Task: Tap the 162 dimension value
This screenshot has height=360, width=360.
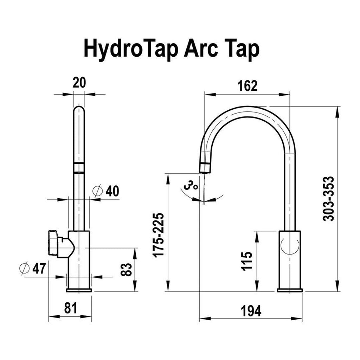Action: pyautogui.click(x=247, y=85)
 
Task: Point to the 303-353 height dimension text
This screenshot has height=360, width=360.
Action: pyautogui.click(x=329, y=198)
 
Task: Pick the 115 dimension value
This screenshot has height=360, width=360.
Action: pyautogui.click(x=248, y=261)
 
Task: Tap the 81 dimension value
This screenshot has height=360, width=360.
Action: pyautogui.click(x=70, y=308)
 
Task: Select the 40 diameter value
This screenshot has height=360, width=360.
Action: pyautogui.click(x=112, y=191)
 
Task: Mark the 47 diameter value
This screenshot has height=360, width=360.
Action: pyautogui.click(x=39, y=269)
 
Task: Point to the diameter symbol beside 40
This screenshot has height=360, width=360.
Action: pyautogui.click(x=98, y=191)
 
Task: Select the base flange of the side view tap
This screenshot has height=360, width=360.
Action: pyautogui.click(x=290, y=290)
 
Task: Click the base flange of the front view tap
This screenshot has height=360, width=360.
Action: pyautogui.click(x=79, y=290)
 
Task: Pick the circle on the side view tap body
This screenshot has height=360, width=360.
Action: pyautogui.click(x=290, y=244)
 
